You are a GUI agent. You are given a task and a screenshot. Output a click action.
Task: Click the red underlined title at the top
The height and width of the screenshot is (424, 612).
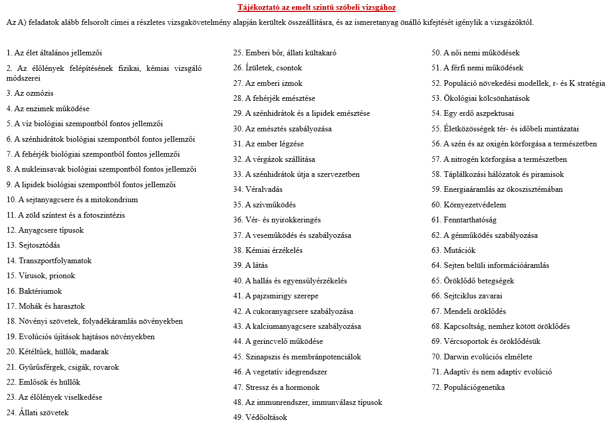click(317, 8)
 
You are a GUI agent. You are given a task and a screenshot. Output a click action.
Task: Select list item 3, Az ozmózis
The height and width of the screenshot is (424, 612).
click(30, 94)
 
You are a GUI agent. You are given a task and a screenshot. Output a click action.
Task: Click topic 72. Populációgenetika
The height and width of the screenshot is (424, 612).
click(468, 387)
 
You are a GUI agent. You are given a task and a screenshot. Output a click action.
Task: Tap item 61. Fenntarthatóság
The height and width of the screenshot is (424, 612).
click(464, 220)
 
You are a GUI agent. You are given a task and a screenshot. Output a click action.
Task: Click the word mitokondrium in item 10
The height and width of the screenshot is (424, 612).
click(117, 200)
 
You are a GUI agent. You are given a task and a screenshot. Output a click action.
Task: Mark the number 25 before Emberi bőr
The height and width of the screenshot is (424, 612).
click(238, 53)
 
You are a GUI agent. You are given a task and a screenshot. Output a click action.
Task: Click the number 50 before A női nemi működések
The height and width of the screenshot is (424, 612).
click(436, 53)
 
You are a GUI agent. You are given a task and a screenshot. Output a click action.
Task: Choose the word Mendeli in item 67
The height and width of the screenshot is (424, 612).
click(457, 311)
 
